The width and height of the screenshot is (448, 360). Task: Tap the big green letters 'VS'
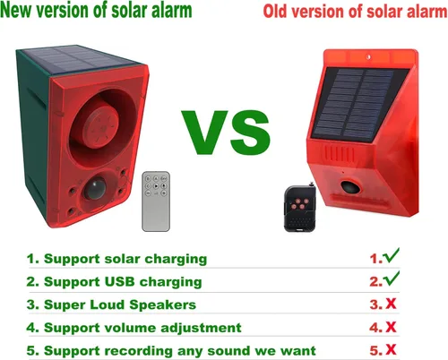[x=226, y=133]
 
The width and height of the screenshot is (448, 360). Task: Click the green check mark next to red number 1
[x=392, y=257]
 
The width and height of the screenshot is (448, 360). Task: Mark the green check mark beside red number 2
[x=392, y=280]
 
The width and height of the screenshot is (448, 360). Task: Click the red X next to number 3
[x=392, y=305]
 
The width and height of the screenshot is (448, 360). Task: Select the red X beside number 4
[x=392, y=328]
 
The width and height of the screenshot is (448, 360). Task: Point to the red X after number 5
[x=392, y=350]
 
